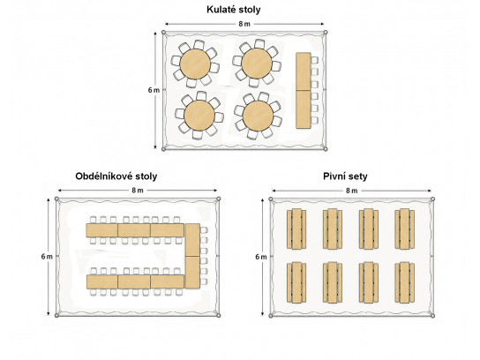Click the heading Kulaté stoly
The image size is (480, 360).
(234, 10)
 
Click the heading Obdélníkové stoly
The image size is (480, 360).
(116, 176)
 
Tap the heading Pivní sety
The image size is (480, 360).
(345, 176)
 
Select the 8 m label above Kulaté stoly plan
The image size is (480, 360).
(244, 24)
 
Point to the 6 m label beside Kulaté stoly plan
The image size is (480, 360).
(154, 90)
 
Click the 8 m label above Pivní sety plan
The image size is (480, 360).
(351, 191)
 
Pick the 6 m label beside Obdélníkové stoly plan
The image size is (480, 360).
(47, 257)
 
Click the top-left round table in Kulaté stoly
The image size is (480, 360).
(195, 64)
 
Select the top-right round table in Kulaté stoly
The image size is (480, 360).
(257, 64)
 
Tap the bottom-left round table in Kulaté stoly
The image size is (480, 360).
(199, 115)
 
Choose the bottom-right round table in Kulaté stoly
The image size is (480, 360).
(258, 116)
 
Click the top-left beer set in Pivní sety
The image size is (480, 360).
(296, 229)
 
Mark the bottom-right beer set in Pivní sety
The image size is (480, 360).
(405, 282)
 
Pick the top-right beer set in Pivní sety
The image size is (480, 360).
(405, 229)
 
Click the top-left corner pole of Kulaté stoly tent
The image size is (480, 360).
(164, 32)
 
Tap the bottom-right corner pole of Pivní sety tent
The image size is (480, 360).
(433, 316)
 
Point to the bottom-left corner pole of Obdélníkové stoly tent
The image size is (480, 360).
(56, 315)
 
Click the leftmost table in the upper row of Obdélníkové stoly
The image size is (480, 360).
(102, 230)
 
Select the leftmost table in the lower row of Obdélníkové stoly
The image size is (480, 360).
(102, 282)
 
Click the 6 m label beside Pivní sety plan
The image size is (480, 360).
(261, 257)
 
